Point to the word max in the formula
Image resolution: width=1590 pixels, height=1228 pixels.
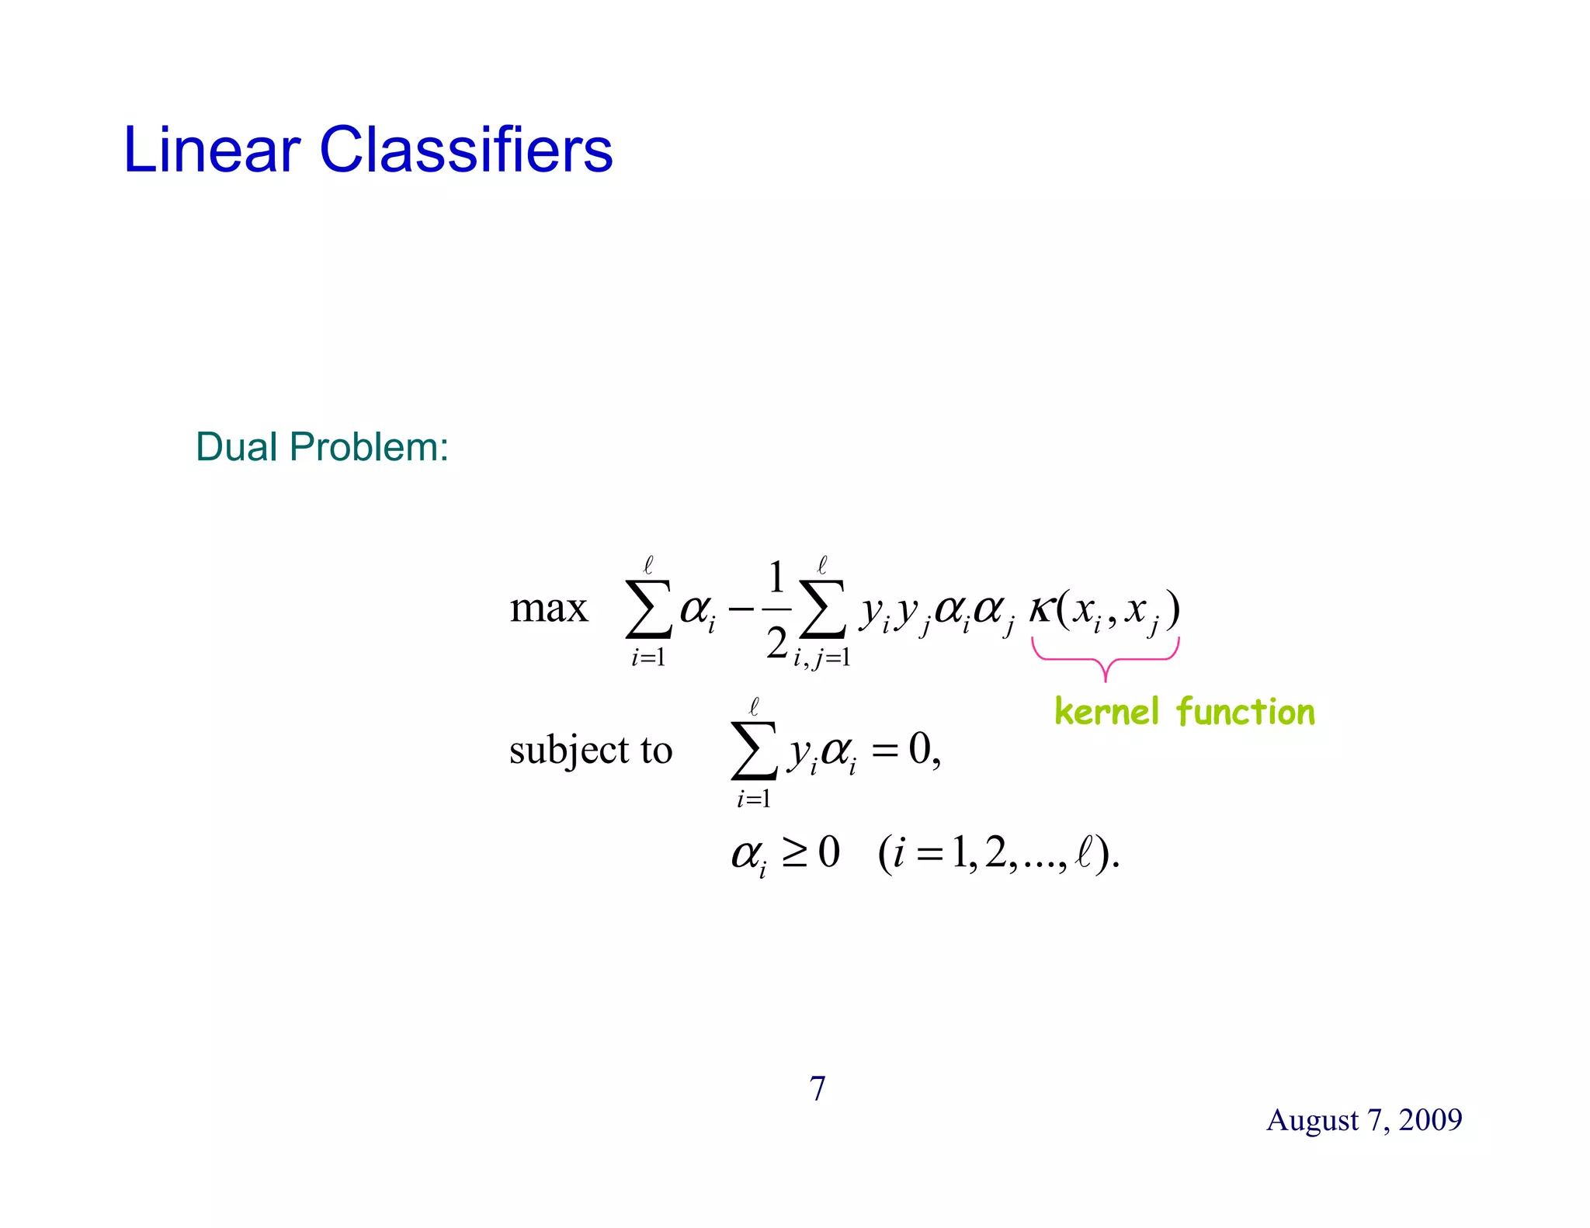548,608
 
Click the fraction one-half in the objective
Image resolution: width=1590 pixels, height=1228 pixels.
776,610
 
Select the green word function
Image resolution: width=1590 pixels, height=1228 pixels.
1245,711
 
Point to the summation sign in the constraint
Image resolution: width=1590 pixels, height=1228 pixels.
754,750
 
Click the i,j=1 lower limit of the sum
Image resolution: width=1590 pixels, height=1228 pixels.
821,658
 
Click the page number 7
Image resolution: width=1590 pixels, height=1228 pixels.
818,1088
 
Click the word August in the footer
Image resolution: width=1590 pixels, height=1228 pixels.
1312,1120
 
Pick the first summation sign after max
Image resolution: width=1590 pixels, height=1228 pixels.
649,609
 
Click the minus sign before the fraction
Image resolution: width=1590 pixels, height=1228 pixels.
741,609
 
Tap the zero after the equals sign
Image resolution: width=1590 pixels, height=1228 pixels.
920,749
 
